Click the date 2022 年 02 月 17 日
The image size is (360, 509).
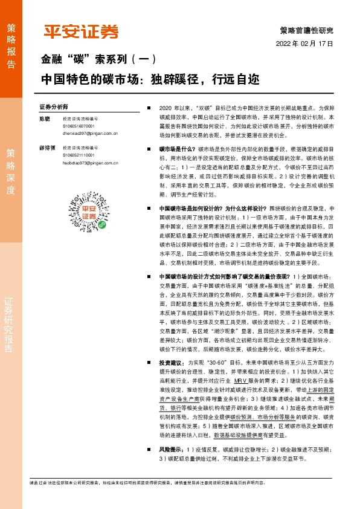coord(304,44)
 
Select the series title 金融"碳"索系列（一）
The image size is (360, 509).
coord(99,59)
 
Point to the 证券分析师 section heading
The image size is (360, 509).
coord(54,106)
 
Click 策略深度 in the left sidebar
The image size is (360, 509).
coord(11,170)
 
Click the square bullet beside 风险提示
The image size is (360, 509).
coord(149,450)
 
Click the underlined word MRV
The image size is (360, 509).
coord(240,381)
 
